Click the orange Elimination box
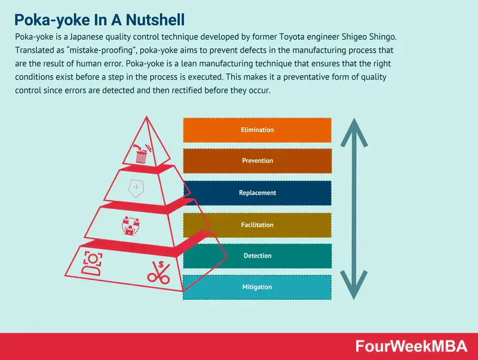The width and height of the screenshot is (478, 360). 257,130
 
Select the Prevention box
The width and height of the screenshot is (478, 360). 257,161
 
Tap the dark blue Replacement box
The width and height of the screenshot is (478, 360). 257,193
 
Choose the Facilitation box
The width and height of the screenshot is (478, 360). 257,225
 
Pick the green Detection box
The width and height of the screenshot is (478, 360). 257,256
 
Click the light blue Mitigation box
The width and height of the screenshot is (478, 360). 257,287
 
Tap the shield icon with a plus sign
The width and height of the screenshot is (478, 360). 137,188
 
